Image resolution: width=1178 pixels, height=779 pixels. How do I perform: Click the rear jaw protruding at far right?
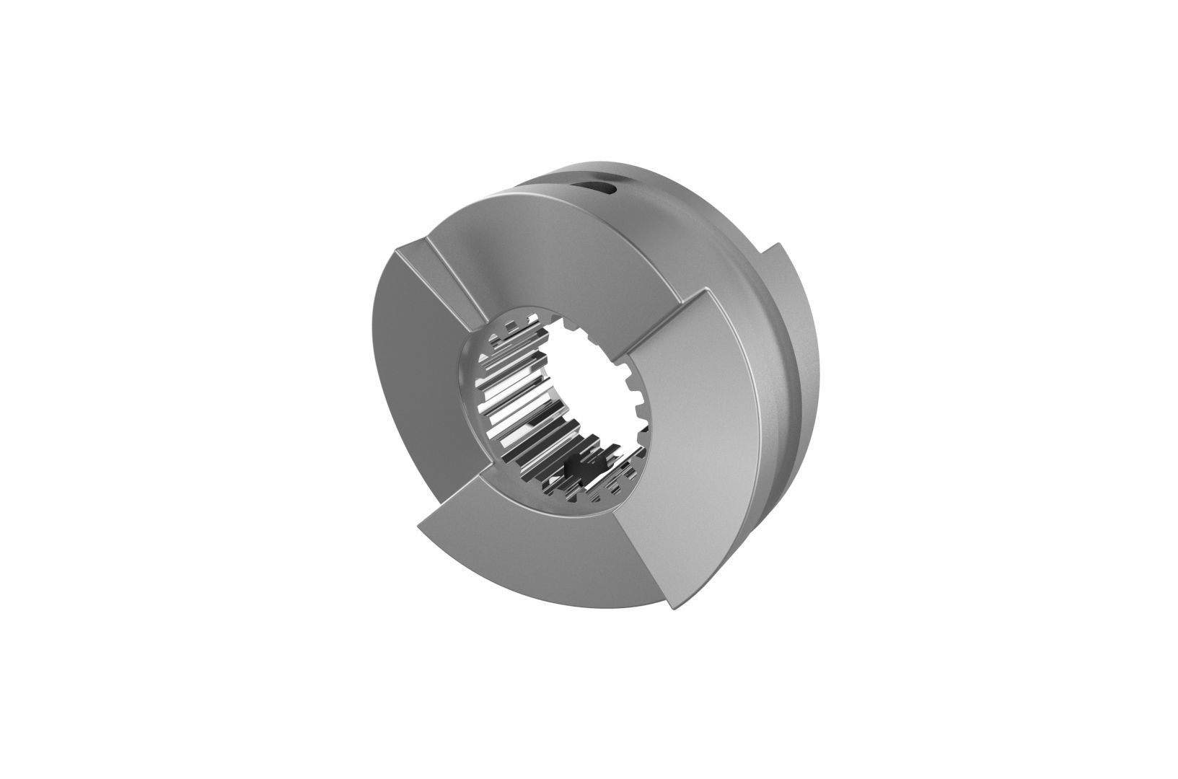[794, 303]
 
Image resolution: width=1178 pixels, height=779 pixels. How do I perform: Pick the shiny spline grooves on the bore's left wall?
[505, 404]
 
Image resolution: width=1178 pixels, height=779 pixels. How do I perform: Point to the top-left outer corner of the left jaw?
[398, 250]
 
